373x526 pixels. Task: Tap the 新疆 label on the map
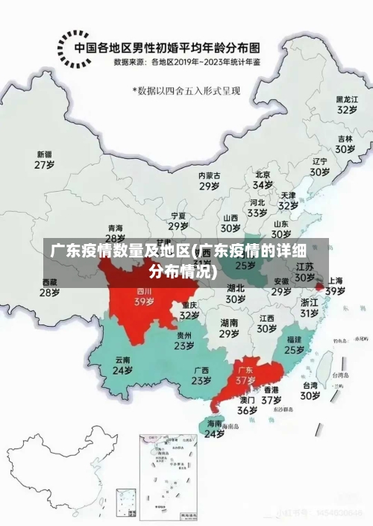[x=46, y=154]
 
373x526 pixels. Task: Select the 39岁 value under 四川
[x=144, y=302]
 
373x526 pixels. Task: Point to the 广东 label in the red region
[x=245, y=369]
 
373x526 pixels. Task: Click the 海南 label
[x=214, y=423]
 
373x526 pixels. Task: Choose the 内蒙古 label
[x=210, y=175]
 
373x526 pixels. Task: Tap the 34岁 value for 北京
[x=263, y=184]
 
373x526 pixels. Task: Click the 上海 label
[x=335, y=281]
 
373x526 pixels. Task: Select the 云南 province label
[x=122, y=359]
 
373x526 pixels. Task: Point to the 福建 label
[x=294, y=339]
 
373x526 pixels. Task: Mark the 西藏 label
[x=49, y=282]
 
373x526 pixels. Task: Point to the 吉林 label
[x=345, y=139]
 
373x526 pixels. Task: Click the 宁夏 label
[x=178, y=216]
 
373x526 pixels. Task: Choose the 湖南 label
[x=229, y=322]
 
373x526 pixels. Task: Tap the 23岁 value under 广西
[x=201, y=380]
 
